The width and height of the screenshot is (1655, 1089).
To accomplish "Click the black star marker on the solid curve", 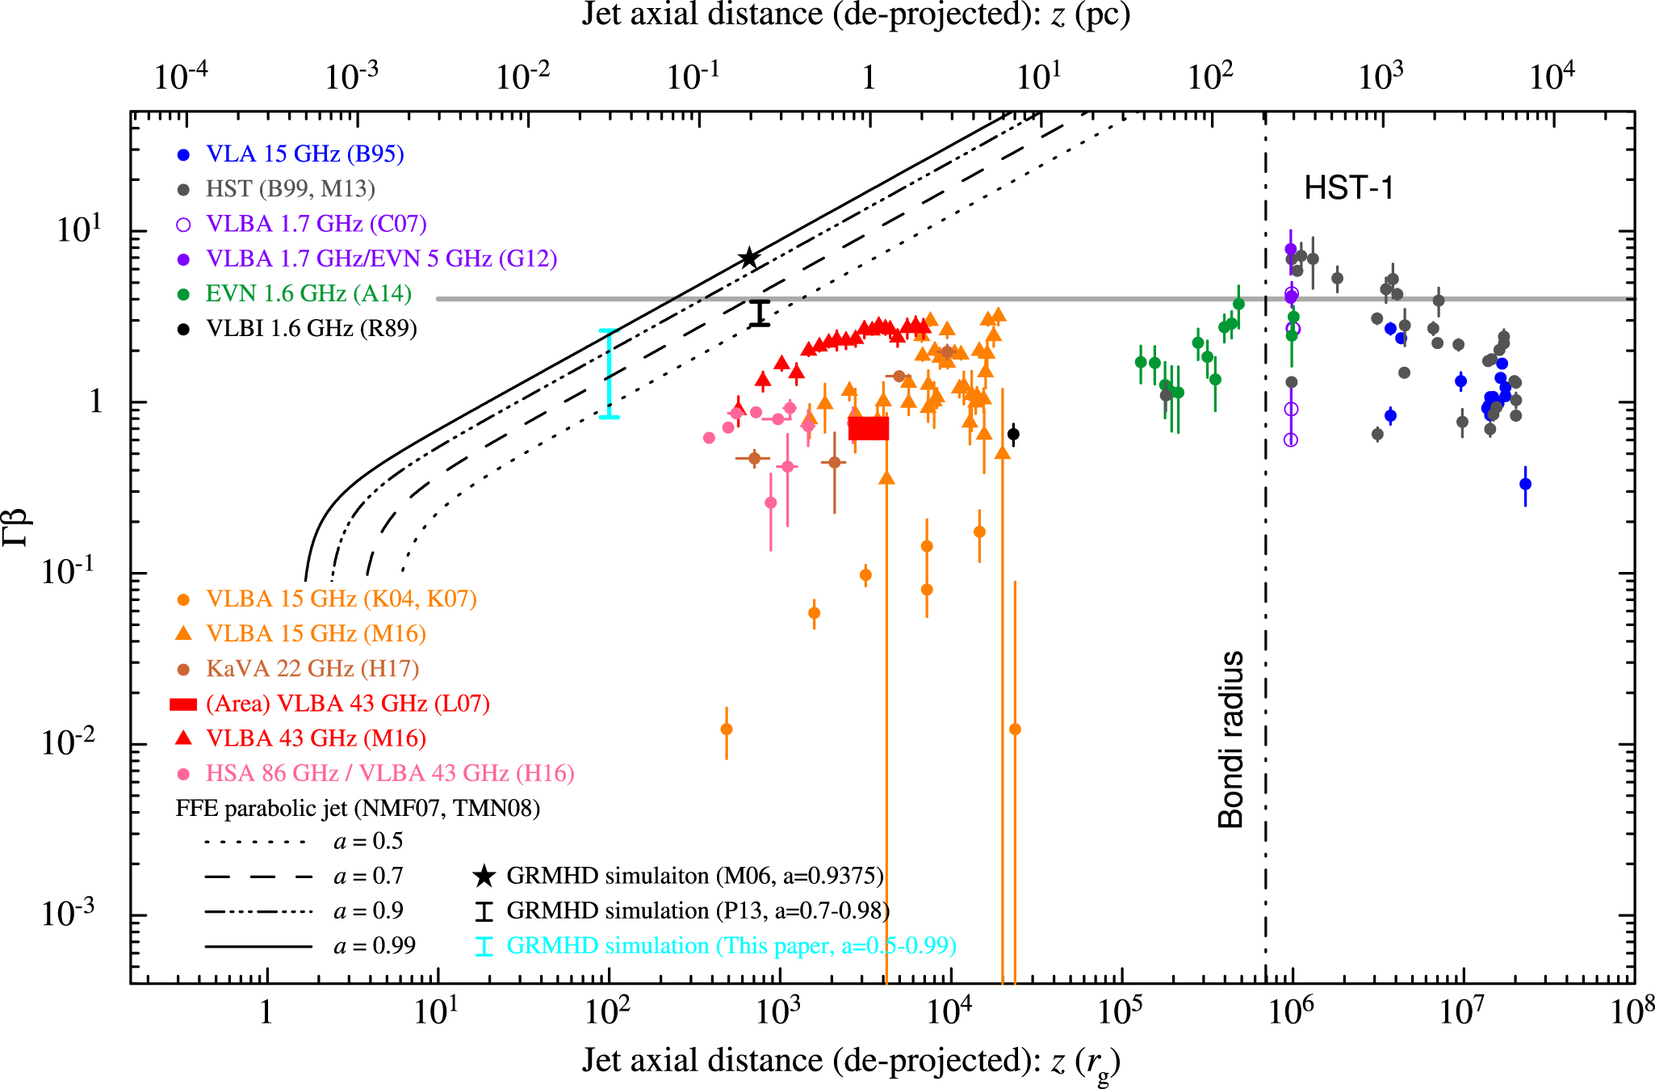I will coord(749,258).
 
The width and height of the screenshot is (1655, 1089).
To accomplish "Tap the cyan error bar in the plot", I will coord(609,373).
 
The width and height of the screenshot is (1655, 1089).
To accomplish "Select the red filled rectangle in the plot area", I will coord(869,428).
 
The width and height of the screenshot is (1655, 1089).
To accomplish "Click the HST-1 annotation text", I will coord(1349,189).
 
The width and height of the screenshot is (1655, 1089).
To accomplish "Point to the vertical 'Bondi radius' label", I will coord(1230,739).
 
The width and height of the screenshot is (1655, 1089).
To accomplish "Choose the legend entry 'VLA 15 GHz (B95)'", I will coord(304,153).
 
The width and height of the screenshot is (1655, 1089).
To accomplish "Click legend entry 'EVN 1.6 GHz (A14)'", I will coord(308,293).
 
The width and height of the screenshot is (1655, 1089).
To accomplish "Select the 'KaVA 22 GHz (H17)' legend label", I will coord(312,669).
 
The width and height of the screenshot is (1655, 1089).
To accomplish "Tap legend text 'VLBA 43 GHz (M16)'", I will coord(316,738).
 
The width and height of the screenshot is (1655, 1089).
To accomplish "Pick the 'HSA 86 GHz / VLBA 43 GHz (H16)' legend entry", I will coord(390,773).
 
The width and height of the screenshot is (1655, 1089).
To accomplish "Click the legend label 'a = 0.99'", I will coord(375,945).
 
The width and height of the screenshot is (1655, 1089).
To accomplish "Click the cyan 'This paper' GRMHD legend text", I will coord(731,945).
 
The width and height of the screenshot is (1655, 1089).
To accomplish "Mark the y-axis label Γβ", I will coord(16,527).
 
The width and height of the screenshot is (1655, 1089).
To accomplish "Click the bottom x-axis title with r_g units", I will coord(851,1062).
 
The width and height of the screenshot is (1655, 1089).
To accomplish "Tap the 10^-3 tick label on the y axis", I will coord(68,913).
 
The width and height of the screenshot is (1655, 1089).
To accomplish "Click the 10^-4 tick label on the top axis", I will coord(181,76).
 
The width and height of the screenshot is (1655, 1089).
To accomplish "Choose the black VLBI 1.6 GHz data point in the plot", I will coord(1014,434).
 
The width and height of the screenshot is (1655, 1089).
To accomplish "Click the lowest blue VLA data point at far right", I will coord(1525,484).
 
